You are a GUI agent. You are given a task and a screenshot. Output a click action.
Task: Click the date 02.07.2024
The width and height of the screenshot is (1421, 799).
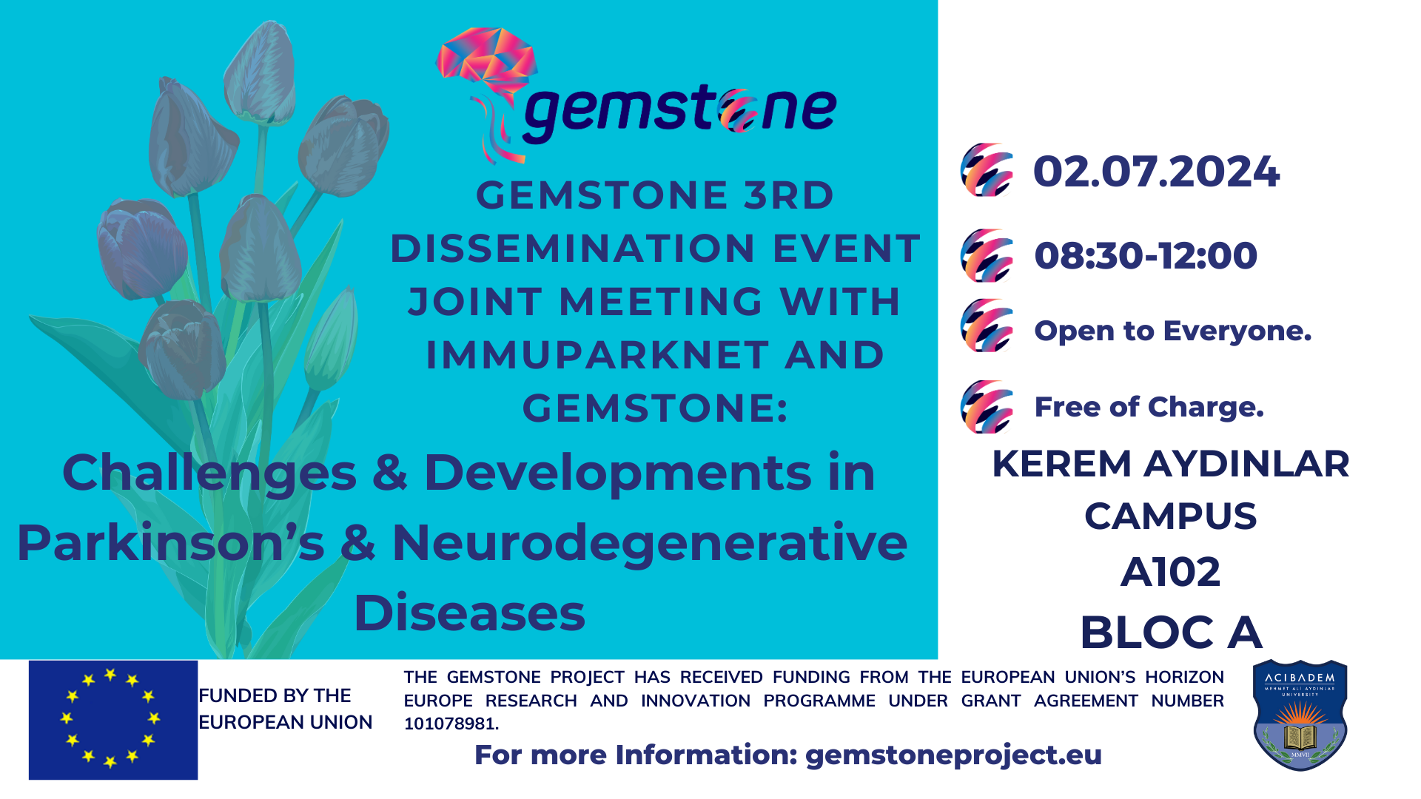click(x=1156, y=172)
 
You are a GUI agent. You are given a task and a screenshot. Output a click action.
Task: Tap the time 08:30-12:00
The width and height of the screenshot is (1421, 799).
click(x=1146, y=256)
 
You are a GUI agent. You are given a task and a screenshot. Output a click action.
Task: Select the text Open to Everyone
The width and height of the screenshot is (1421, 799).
click(x=1172, y=331)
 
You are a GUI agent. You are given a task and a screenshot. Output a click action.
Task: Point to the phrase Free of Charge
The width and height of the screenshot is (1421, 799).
click(x=1149, y=407)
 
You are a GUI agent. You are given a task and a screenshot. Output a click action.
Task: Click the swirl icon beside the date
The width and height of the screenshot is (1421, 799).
click(x=987, y=170)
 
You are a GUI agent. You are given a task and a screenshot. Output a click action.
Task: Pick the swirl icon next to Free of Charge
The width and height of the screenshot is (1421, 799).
click(x=987, y=407)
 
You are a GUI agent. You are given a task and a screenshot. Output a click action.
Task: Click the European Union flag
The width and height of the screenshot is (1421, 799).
click(x=113, y=720)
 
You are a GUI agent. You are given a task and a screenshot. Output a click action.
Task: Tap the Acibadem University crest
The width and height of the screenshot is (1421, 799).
click(x=1300, y=715)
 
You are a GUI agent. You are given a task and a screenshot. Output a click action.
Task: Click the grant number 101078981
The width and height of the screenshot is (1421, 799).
click(x=451, y=724)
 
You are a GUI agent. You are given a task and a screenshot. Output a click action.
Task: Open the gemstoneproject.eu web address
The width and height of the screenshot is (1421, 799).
click(x=953, y=755)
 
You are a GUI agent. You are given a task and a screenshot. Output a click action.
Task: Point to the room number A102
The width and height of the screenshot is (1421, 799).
click(x=1170, y=572)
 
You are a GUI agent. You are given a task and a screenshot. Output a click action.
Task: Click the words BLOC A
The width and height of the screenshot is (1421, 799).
click(x=1171, y=633)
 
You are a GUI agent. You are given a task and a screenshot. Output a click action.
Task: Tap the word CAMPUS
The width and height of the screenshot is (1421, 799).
click(x=1170, y=516)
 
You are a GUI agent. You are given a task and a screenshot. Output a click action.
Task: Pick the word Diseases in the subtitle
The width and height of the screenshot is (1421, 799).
click(x=469, y=613)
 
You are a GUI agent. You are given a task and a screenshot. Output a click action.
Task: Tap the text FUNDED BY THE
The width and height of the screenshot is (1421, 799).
click(x=275, y=696)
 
